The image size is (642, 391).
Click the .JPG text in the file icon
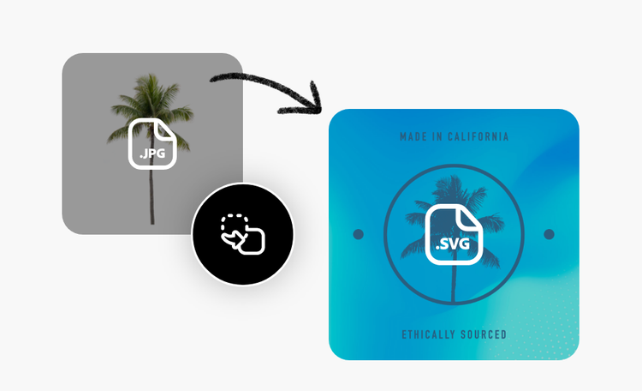pos(152,155)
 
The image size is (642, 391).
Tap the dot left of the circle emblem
pos(359,234)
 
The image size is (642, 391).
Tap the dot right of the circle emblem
pos(550,234)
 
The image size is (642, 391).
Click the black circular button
pos(242,234)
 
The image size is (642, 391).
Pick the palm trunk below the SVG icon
pos(454,287)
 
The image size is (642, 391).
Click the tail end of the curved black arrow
pos(211,80)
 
